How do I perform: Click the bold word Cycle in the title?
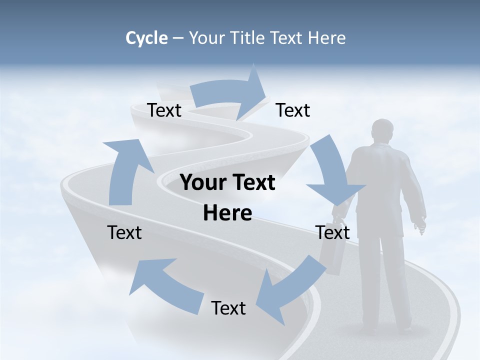(x=146, y=38)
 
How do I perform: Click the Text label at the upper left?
(x=164, y=110)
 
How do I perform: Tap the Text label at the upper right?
(x=293, y=110)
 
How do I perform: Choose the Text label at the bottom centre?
(x=228, y=308)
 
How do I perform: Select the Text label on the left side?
(x=124, y=232)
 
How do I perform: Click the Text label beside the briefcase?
(x=332, y=232)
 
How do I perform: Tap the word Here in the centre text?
(x=227, y=213)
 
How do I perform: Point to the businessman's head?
(x=383, y=131)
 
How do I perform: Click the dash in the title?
(x=178, y=38)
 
